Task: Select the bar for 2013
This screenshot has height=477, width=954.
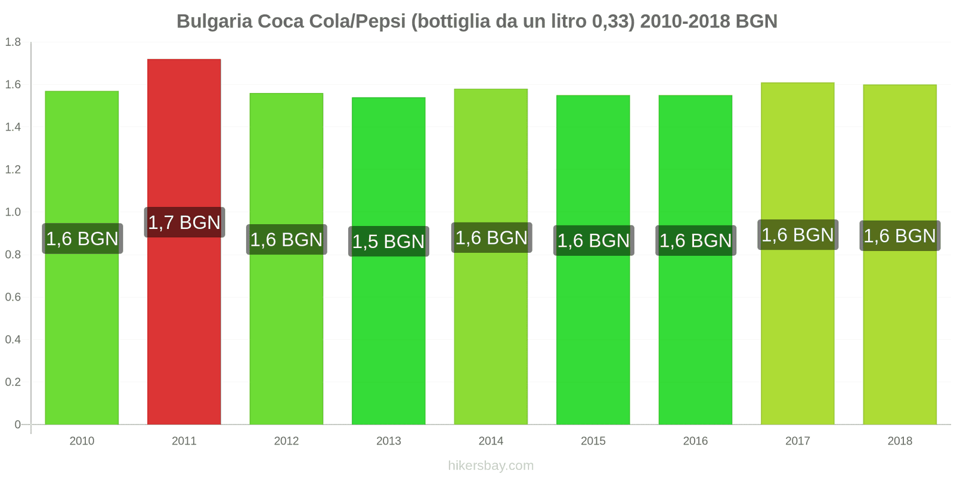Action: [x=388, y=334]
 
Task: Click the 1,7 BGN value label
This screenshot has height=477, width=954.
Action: [x=184, y=222]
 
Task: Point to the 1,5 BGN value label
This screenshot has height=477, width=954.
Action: [x=388, y=241]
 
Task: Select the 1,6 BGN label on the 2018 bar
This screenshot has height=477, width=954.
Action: [x=900, y=236]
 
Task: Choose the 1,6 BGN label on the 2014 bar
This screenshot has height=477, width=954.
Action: [x=491, y=237]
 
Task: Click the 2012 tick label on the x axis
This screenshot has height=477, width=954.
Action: [x=286, y=441]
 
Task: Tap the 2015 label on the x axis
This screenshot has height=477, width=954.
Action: [x=593, y=441]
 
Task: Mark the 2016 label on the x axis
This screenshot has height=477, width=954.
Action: [x=695, y=441]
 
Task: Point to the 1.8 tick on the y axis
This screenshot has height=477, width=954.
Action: [x=13, y=42]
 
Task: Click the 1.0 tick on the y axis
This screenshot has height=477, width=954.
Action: [x=13, y=212]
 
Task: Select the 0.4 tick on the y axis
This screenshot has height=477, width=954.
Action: [x=13, y=340]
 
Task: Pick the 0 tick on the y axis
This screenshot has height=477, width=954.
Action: [x=17, y=425]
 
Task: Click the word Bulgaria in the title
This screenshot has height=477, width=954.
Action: [x=214, y=21]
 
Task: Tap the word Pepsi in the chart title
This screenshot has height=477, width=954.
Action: [x=382, y=21]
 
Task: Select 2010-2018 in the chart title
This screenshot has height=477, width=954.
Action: [x=685, y=21]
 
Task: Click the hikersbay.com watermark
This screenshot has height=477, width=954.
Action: [x=491, y=466]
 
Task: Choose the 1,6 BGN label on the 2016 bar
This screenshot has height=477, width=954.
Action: [x=695, y=240]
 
